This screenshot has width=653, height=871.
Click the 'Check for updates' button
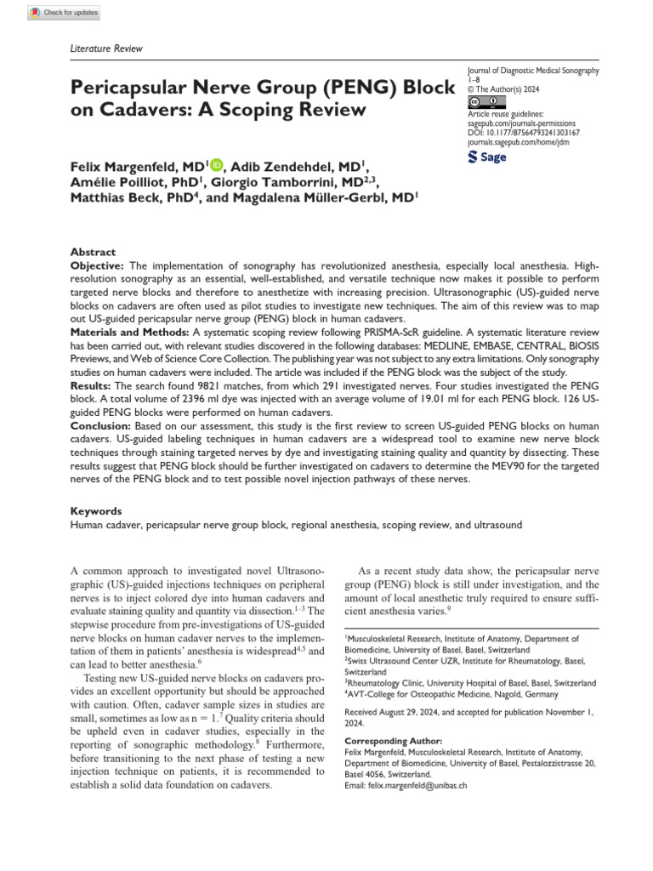(x=64, y=13)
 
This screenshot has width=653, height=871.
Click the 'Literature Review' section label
(x=105, y=48)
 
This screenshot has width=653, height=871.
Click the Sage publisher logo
(x=487, y=157)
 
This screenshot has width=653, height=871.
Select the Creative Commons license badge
(x=481, y=101)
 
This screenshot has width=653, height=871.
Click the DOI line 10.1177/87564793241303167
(x=524, y=133)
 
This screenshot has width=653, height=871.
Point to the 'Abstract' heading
(x=93, y=252)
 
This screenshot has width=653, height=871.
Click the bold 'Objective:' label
(x=98, y=266)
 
